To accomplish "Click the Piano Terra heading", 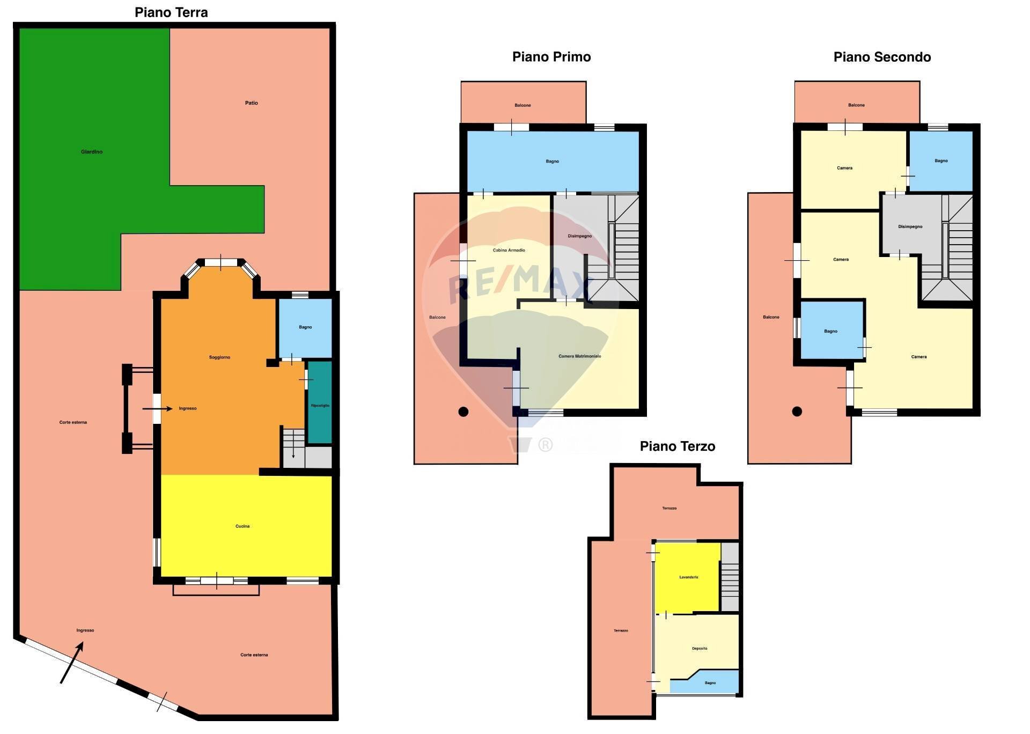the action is (171, 12).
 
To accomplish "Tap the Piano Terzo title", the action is (678, 446).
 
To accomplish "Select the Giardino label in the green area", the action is (92, 152).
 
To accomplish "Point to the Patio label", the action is (252, 103).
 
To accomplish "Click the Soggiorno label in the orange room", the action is (219, 357).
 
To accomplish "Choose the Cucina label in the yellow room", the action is (242, 526).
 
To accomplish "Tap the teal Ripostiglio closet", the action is (320, 402).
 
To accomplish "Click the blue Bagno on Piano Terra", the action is (305, 327).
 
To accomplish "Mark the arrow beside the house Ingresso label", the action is (157, 409).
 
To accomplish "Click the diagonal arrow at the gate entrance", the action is (72, 663).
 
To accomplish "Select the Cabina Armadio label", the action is (509, 250).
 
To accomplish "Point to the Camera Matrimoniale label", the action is (580, 356).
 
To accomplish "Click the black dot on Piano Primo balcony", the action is (464, 412).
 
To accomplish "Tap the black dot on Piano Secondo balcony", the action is (797, 412).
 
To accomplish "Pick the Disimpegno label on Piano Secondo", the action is (910, 226).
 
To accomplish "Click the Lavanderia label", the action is (689, 577).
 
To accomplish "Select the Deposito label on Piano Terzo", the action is (700, 649).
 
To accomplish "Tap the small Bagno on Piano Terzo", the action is (710, 683).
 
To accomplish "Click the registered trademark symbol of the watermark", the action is (545, 445).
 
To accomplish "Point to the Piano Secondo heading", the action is (882, 57).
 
